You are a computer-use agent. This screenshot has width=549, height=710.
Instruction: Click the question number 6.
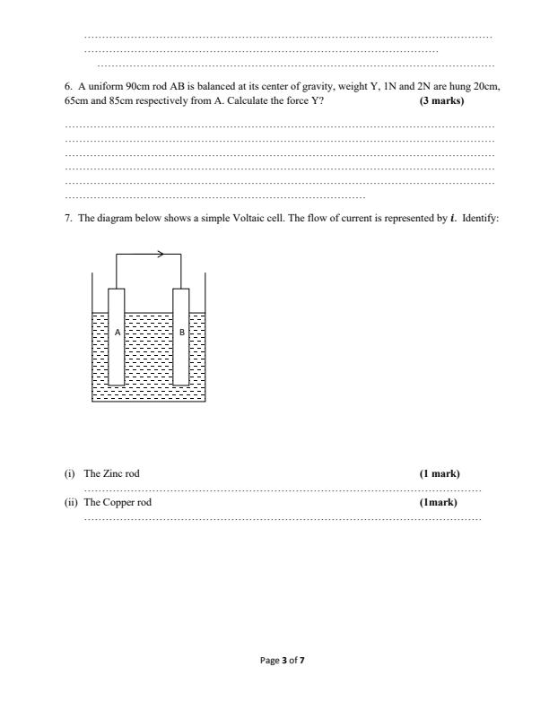pyautogui.click(x=68, y=87)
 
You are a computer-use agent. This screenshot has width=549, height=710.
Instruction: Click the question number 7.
pyautogui.click(x=68, y=218)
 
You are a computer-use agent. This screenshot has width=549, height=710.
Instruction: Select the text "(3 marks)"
pyautogui.click(x=441, y=100)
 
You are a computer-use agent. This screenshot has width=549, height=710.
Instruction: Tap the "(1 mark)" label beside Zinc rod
pyautogui.click(x=440, y=473)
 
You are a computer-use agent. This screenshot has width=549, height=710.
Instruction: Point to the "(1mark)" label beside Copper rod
pyautogui.click(x=438, y=502)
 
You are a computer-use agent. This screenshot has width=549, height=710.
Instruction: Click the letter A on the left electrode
pyautogui.click(x=118, y=332)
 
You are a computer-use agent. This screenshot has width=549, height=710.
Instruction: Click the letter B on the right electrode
pyautogui.click(x=182, y=332)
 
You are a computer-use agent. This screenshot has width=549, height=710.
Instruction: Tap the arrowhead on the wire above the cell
pyautogui.click(x=161, y=254)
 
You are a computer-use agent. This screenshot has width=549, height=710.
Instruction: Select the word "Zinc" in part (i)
pyautogui.click(x=111, y=473)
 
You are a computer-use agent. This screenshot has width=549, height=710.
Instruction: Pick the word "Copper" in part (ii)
pyautogui.click(x=117, y=502)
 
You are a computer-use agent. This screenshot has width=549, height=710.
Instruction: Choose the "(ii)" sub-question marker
pyautogui.click(x=71, y=502)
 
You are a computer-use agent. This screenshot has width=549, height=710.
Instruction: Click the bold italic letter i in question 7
pyautogui.click(x=453, y=218)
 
